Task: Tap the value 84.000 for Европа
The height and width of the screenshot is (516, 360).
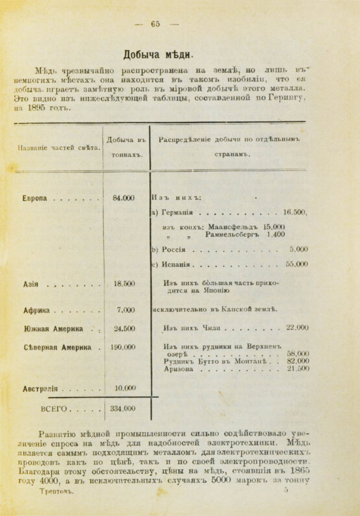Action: click(123, 198)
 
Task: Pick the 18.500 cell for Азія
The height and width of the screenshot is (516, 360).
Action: click(124, 283)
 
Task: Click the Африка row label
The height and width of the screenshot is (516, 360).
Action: click(38, 311)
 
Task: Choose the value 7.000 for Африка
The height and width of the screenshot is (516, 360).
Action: click(126, 310)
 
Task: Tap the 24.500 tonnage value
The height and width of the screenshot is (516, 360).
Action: click(124, 328)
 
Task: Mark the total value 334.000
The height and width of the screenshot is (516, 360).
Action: click(123, 408)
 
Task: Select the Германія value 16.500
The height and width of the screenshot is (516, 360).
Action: click(294, 212)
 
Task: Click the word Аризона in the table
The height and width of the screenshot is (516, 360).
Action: click(179, 369)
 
